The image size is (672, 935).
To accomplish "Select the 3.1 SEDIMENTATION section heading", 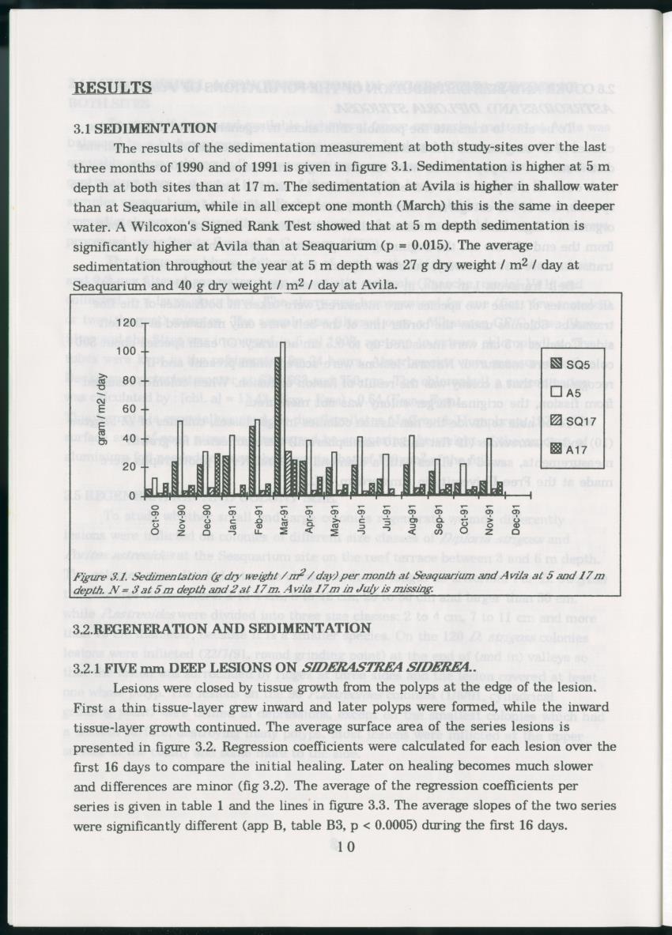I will (x=157, y=128).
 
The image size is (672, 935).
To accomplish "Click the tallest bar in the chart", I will (x=279, y=427).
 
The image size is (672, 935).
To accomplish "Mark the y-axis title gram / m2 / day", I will (x=101, y=409).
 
